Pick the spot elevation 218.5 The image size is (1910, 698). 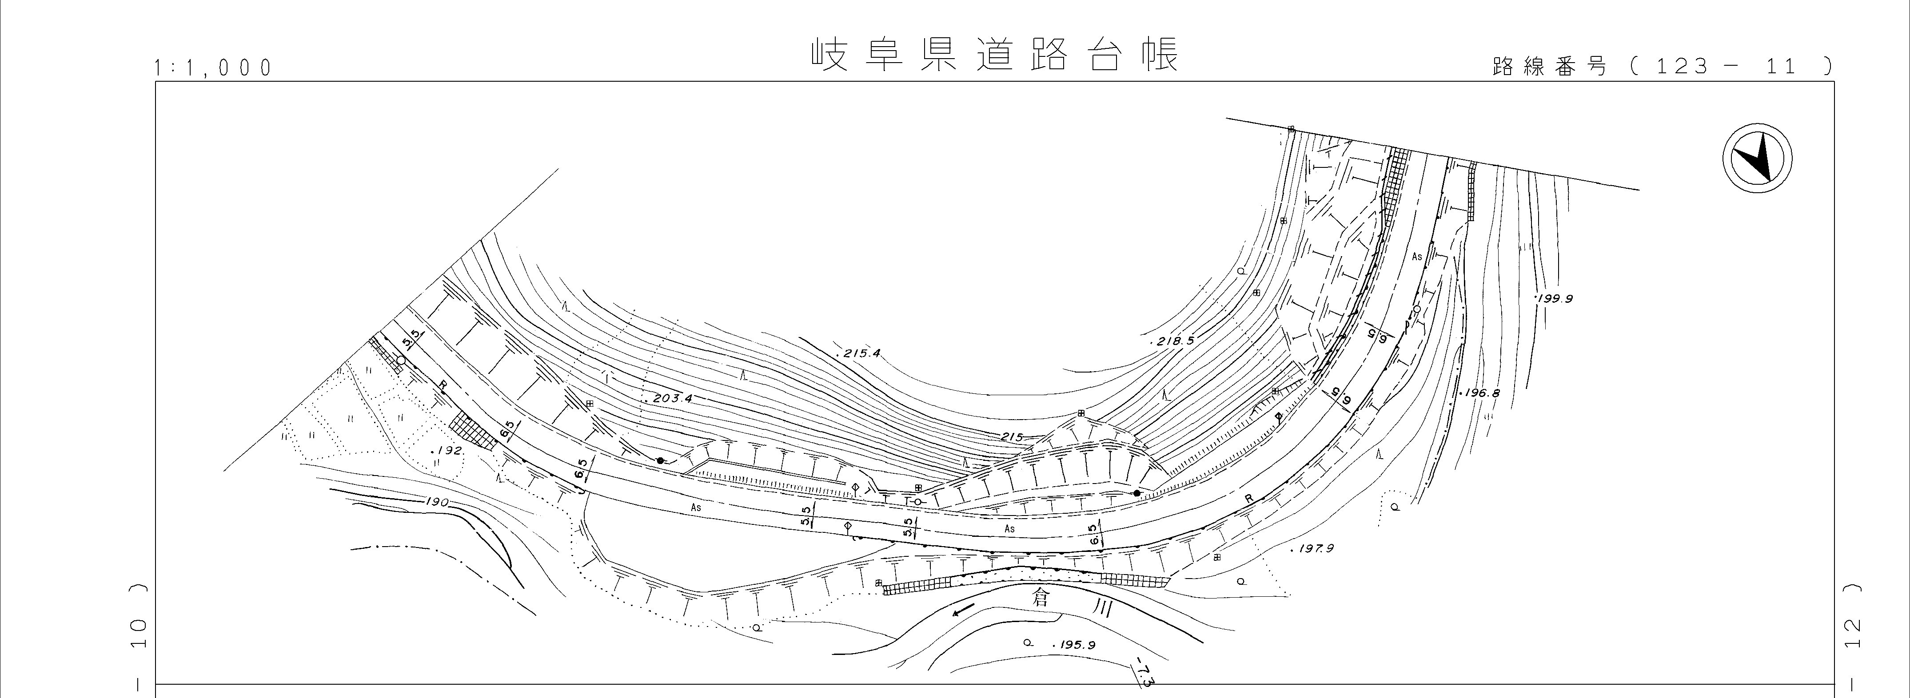tap(1174, 341)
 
